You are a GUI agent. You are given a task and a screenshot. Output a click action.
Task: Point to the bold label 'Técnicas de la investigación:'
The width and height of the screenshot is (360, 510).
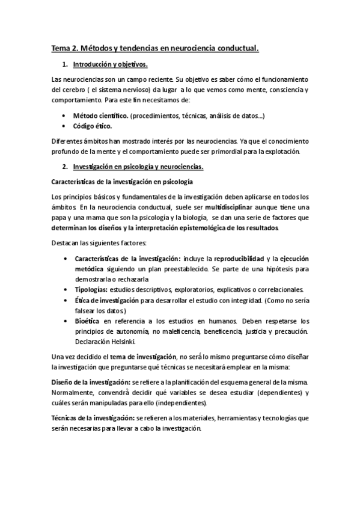pyautogui.click(x=91, y=417)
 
